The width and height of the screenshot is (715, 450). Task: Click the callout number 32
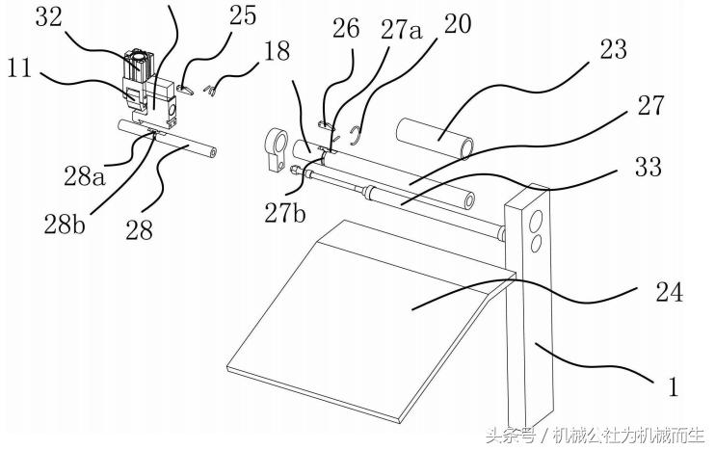point(49,17)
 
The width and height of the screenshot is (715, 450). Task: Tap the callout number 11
point(19,68)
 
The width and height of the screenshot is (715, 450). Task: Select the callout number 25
point(243,16)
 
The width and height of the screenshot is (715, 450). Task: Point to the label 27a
point(402,30)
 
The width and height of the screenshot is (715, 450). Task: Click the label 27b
point(285,212)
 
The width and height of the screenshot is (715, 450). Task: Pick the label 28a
point(85,176)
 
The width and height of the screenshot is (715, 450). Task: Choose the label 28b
point(65,225)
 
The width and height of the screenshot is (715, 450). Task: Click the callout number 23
point(614,49)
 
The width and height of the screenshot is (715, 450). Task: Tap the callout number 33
point(649,167)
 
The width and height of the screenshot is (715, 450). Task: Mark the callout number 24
point(670,292)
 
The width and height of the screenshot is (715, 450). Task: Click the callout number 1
point(673,385)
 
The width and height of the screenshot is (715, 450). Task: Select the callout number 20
point(458,24)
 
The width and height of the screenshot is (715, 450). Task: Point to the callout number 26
point(346,28)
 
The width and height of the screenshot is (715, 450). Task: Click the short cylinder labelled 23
point(435,137)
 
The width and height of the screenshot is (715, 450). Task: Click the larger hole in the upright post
point(537,221)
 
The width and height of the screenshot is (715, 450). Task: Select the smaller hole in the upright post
point(537,243)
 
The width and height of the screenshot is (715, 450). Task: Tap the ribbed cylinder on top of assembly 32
point(138,62)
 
